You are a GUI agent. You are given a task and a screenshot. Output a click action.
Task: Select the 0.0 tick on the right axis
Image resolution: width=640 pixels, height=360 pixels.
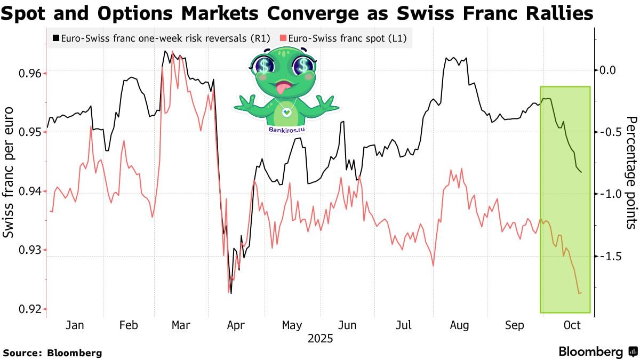pos(609,70)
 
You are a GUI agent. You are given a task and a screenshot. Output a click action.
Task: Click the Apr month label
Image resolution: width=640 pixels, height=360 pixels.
pos(235,325)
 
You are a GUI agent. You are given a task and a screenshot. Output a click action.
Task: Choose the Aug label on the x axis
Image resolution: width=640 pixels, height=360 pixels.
pos(459,325)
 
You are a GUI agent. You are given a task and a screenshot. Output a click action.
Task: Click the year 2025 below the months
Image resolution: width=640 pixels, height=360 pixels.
pos(319,338)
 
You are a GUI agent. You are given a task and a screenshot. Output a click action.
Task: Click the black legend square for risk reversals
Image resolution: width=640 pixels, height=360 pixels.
pos(57,38)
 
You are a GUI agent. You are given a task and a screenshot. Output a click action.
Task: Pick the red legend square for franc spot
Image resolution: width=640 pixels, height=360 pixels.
pos(283,38)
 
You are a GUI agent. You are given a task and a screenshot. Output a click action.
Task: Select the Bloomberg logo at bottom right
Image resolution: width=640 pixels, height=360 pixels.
pos(597,351)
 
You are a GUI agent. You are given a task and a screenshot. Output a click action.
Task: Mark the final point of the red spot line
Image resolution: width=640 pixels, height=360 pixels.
pos(581,293)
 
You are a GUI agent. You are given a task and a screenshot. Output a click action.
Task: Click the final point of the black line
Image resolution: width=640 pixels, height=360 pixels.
pos(581,172)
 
